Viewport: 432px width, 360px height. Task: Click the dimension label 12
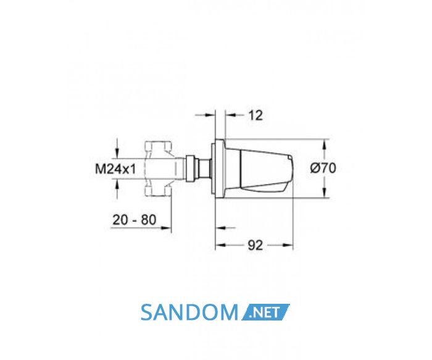(x=255, y=115)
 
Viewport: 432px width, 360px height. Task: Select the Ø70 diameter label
(x=323, y=168)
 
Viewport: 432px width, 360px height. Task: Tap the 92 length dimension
(x=255, y=245)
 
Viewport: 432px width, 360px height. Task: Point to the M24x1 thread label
(x=115, y=169)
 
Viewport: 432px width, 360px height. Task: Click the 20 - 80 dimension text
(x=134, y=220)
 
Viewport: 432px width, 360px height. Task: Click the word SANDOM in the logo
(x=189, y=312)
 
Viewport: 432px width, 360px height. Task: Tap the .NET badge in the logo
(x=265, y=312)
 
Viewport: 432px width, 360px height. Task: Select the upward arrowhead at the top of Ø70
(x=325, y=144)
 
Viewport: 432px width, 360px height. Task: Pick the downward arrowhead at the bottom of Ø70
(x=325, y=193)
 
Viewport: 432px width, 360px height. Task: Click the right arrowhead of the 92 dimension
(x=288, y=245)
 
